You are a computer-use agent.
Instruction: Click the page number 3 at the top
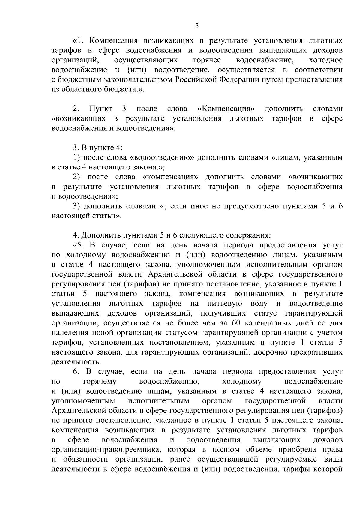pyautogui.click(x=197, y=26)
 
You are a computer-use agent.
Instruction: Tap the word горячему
pyautogui.click(x=99, y=382)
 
